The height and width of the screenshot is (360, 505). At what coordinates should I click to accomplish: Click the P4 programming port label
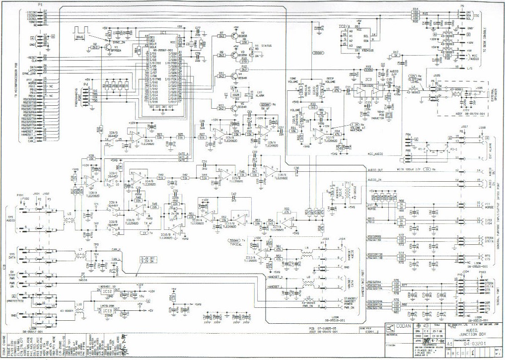pos(85,84)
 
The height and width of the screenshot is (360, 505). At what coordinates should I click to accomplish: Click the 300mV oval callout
pos(318,52)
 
